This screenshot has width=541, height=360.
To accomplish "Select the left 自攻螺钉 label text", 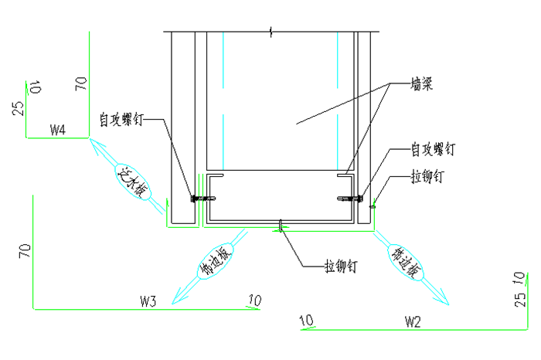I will pos(121,121).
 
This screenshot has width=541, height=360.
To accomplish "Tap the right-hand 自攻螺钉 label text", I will pos(432,148).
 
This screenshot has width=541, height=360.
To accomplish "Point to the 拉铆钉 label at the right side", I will pos(427,177).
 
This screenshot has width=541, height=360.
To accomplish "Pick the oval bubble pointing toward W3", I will pos(214,262).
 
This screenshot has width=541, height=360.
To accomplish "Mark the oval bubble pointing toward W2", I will pos(407,262).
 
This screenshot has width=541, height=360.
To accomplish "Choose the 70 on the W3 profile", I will pos(25,250).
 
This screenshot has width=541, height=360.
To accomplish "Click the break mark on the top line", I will pos(271,32).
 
